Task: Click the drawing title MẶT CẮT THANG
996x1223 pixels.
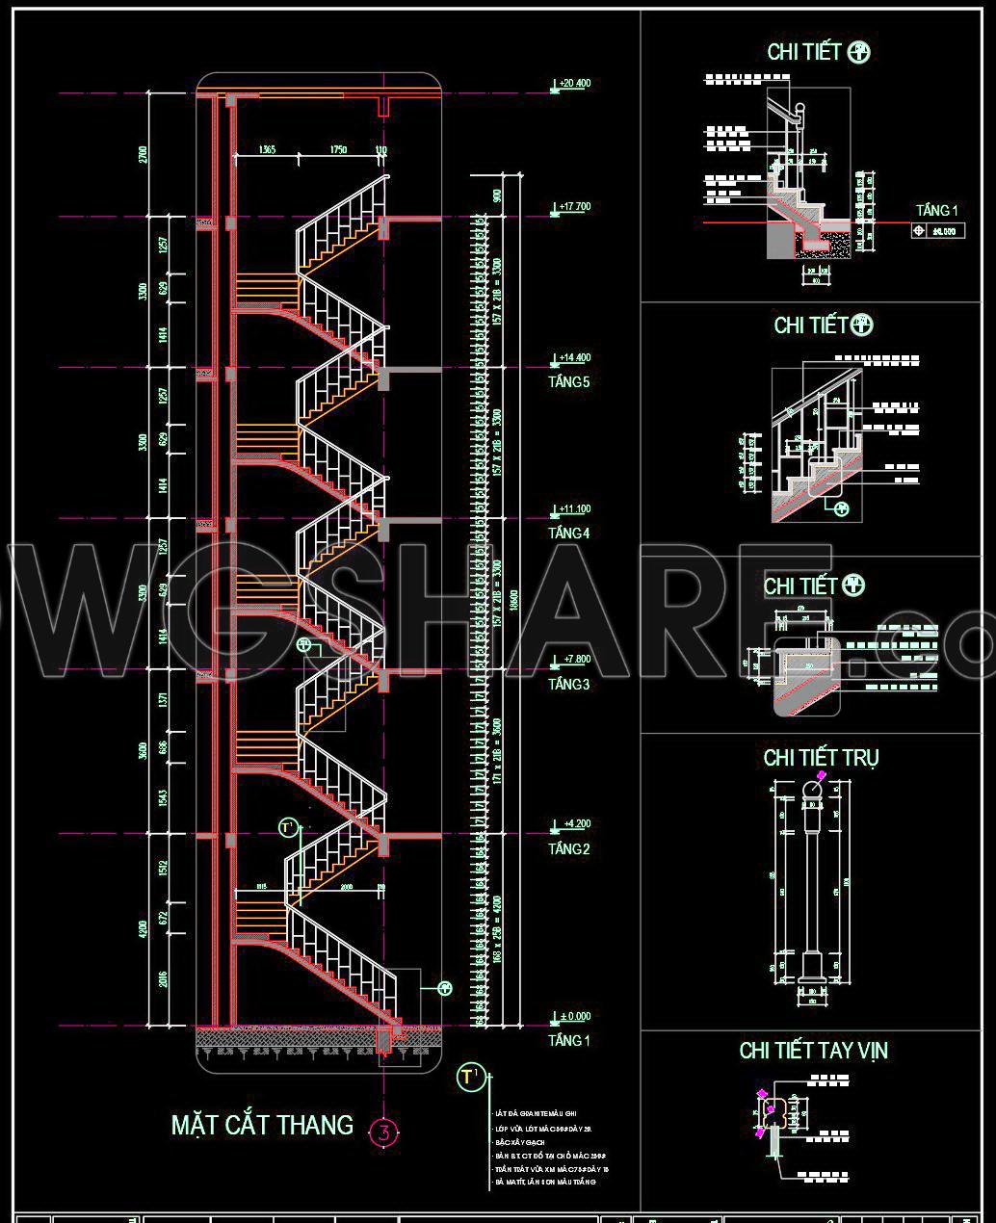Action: point(262,1125)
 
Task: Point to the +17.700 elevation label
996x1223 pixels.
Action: point(574,207)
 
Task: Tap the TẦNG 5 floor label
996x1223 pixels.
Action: point(568,382)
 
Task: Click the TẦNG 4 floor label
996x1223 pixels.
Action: point(568,533)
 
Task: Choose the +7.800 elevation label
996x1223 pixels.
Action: point(574,660)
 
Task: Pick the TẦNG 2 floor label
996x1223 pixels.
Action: point(568,848)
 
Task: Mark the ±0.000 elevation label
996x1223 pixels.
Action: point(574,1016)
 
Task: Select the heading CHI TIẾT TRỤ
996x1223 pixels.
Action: point(821,758)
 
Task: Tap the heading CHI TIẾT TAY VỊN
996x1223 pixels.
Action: point(813,1051)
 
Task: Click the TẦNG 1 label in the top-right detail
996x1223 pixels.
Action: point(937,211)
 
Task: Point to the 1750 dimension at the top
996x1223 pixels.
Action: point(338,150)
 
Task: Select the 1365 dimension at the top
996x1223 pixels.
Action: point(267,150)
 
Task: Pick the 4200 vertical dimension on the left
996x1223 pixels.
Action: point(144,929)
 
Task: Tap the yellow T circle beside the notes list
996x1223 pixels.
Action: point(469,1077)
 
